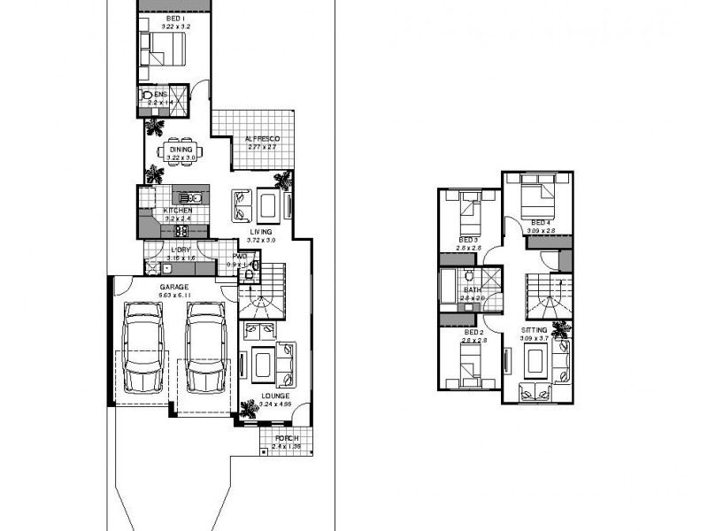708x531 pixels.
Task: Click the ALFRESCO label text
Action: [x=262, y=139]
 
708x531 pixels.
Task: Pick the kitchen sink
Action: [x=189, y=198]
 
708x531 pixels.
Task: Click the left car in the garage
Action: [x=142, y=348]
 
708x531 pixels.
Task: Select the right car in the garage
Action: [x=204, y=348]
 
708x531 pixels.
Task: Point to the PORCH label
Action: [x=286, y=439]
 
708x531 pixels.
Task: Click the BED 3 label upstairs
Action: [x=468, y=240]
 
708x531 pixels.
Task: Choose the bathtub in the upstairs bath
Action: [x=447, y=290]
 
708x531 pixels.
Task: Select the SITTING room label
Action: [x=535, y=329]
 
